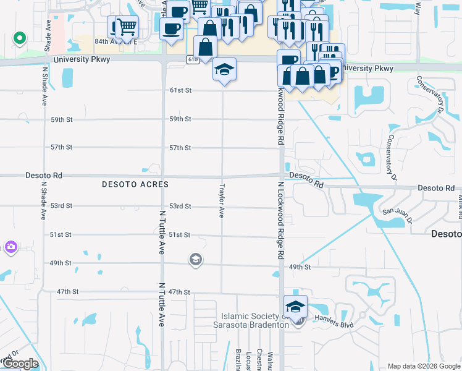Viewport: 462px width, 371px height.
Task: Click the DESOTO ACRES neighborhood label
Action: (135, 185)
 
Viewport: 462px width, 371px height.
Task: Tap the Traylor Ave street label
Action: (222, 200)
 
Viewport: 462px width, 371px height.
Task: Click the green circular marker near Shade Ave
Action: (19, 38)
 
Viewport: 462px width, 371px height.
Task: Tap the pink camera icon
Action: (10, 248)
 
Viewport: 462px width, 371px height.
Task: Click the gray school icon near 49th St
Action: (196, 259)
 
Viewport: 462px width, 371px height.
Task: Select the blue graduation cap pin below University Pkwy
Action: (224, 69)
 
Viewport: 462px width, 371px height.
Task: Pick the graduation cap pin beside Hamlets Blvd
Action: (296, 307)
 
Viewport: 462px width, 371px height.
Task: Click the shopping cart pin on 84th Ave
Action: (127, 27)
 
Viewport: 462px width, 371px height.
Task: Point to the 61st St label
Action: (180, 90)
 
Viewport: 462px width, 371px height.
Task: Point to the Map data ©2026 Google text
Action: (423, 366)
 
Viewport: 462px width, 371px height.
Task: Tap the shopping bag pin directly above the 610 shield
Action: (205, 46)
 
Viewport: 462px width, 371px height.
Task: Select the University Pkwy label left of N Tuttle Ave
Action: (76, 59)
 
